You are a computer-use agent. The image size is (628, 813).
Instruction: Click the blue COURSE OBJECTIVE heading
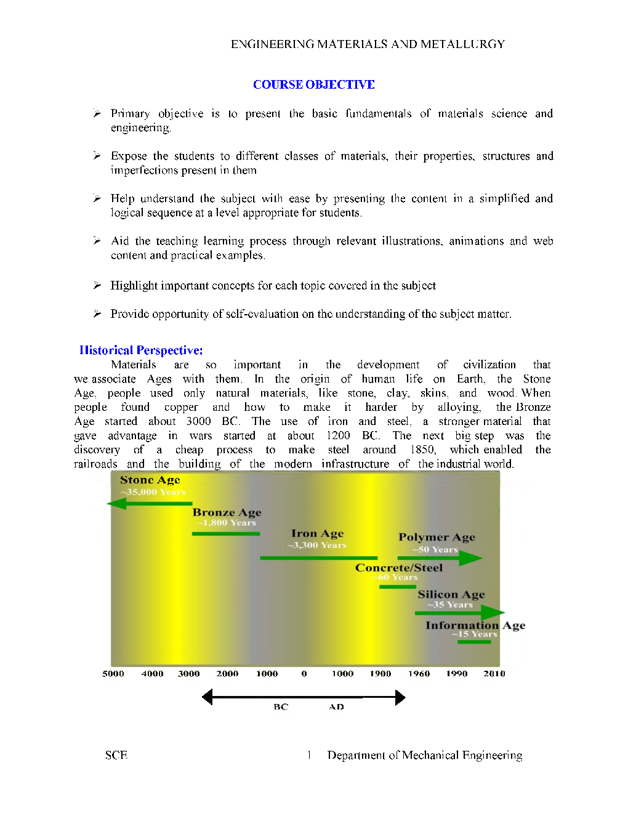[x=313, y=84]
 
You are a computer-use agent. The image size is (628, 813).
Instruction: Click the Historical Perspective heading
[x=141, y=350]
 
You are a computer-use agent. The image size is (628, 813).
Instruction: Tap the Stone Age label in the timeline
[x=150, y=480]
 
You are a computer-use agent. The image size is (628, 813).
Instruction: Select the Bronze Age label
[x=227, y=512]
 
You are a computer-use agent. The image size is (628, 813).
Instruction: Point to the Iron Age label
[x=317, y=533]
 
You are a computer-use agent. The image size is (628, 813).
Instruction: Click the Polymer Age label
[x=437, y=537]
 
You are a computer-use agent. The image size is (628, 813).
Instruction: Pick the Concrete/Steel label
[x=398, y=568]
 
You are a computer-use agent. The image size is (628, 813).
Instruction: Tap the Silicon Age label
[x=451, y=594]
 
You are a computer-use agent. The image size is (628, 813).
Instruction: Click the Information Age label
[x=475, y=625]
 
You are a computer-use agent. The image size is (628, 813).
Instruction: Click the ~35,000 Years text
[x=153, y=492]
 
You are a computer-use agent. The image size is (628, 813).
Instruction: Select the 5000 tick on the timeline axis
[x=113, y=674]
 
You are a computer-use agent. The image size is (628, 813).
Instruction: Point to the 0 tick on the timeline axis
[x=304, y=674]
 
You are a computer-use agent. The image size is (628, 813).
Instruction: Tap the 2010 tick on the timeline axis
[x=494, y=674]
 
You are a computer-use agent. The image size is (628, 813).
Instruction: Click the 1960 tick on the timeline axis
[x=419, y=674]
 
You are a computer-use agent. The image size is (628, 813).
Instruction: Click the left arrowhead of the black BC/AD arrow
[x=207, y=697]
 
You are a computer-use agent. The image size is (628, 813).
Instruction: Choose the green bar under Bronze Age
[x=225, y=533]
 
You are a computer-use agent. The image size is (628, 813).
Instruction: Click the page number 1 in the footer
[x=309, y=755]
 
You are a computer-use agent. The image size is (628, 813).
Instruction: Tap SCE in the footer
[x=116, y=755]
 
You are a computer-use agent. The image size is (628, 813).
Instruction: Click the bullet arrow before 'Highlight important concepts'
[x=97, y=285]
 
